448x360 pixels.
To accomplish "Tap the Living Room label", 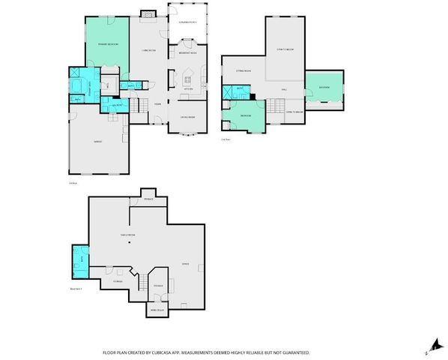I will [x=148, y=50].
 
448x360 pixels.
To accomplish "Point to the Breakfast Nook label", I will [x=187, y=52].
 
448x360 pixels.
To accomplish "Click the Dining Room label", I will [x=187, y=117].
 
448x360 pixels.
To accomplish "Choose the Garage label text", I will [x=97, y=141].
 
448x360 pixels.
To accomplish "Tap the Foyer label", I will [x=158, y=103].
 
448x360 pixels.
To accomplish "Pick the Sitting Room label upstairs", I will [x=243, y=70].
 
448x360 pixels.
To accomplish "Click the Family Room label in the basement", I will [x=128, y=235].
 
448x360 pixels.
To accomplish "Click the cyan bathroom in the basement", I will [x=79, y=260].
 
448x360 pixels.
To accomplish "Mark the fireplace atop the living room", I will [x=148, y=13].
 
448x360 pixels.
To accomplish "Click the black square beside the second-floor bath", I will [x=253, y=96].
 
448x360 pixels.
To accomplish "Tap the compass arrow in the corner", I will [x=430, y=344].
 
